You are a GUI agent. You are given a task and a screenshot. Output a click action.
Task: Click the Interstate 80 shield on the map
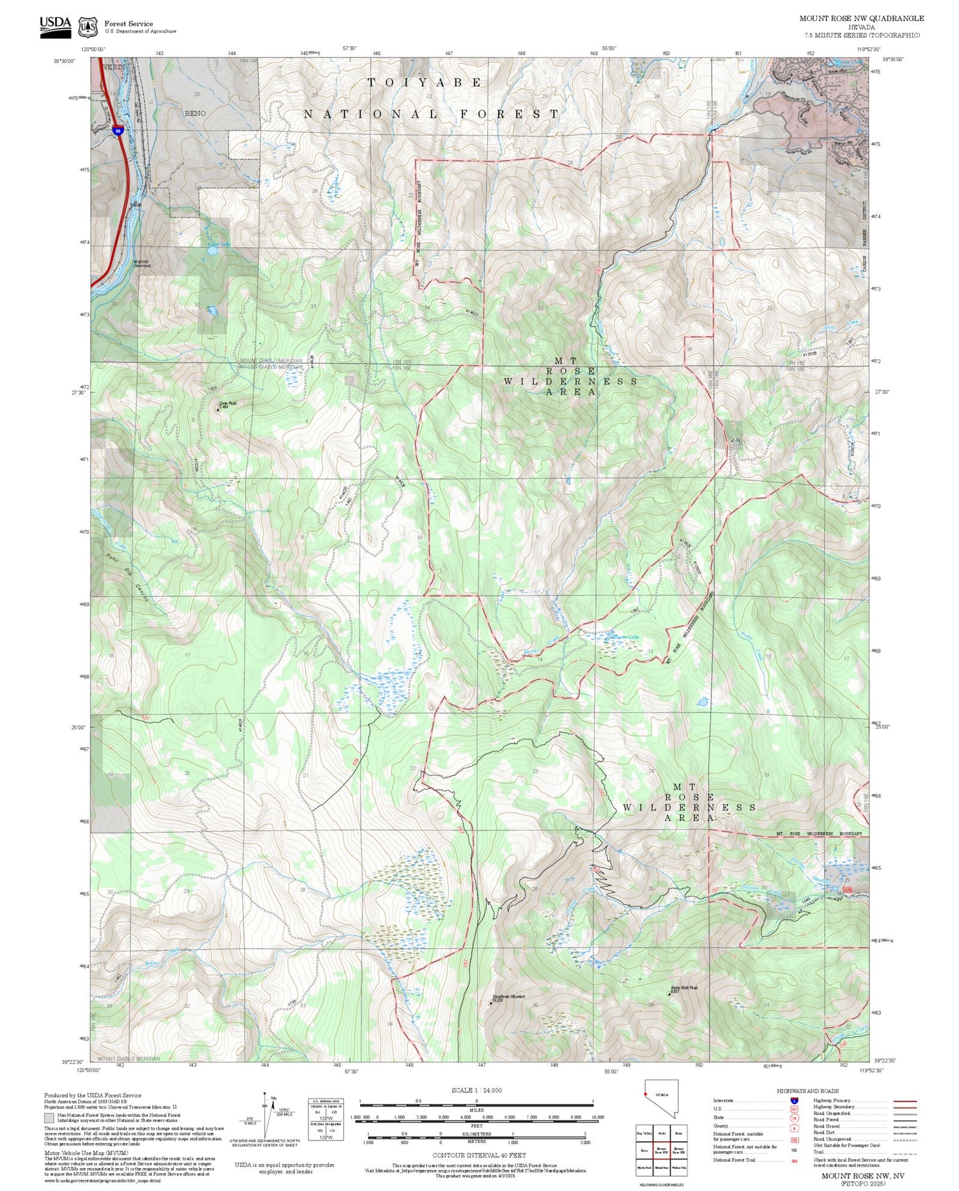118,130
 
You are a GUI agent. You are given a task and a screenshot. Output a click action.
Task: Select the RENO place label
195,113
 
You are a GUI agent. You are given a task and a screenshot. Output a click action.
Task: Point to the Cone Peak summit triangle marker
217,410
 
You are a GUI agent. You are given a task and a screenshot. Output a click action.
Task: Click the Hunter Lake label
625,637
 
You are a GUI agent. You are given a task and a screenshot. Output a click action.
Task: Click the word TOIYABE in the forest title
425,83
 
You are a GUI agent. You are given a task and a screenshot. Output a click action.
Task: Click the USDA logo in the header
55,26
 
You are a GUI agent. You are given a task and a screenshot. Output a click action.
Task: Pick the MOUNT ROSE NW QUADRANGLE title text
861,19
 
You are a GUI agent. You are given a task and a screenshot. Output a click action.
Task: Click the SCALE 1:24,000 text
476,1091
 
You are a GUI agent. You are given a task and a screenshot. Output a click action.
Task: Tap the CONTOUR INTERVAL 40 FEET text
479,1155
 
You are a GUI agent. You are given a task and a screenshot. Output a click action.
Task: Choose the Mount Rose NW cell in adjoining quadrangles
661,1150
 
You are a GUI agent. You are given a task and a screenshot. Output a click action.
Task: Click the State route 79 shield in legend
794,1118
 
